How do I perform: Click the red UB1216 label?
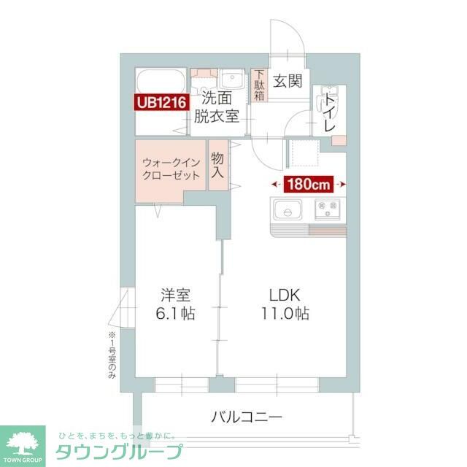tap(162, 102)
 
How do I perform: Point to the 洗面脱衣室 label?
tap(219, 108)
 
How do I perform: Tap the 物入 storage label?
tap(217, 167)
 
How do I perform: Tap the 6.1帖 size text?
tap(176, 314)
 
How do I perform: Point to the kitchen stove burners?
tap(326, 210)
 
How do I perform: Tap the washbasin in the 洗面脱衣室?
tap(233, 79)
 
